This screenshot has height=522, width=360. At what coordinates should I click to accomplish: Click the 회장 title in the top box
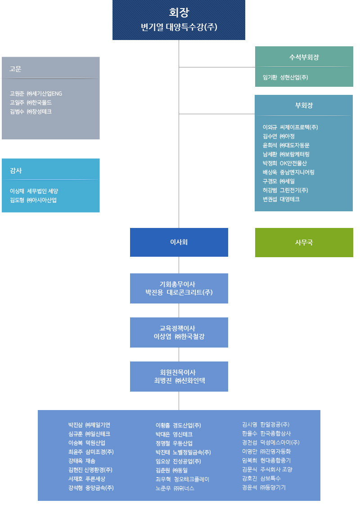point(179,12)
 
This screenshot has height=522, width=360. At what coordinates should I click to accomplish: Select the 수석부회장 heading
point(304,57)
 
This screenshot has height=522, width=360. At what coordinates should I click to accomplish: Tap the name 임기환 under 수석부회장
point(270,77)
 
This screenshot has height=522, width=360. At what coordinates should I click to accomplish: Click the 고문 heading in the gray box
point(16,69)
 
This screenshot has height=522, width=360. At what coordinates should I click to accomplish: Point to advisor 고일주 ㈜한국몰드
point(31,103)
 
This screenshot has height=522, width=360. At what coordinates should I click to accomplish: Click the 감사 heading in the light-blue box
point(16,170)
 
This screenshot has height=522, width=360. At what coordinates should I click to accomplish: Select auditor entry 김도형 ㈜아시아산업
point(33,200)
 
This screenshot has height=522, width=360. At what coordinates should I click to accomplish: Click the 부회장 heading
point(304,105)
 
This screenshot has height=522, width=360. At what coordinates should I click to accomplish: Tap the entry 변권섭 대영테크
point(281,199)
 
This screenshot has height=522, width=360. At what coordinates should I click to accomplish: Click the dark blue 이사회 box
point(179,242)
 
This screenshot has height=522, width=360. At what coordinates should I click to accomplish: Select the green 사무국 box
point(304,242)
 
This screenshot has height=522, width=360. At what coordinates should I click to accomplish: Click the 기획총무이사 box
point(179,288)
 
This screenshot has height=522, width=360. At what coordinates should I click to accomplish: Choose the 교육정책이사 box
point(179,332)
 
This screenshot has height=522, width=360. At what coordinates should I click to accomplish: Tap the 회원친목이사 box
point(179,376)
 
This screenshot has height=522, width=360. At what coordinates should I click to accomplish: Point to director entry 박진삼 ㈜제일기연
point(89,425)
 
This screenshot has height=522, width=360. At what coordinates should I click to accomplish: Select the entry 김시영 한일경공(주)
point(265,424)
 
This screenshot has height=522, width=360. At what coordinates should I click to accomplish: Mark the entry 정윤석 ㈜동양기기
point(264,487)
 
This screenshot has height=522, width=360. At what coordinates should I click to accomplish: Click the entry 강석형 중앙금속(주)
point(91,488)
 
